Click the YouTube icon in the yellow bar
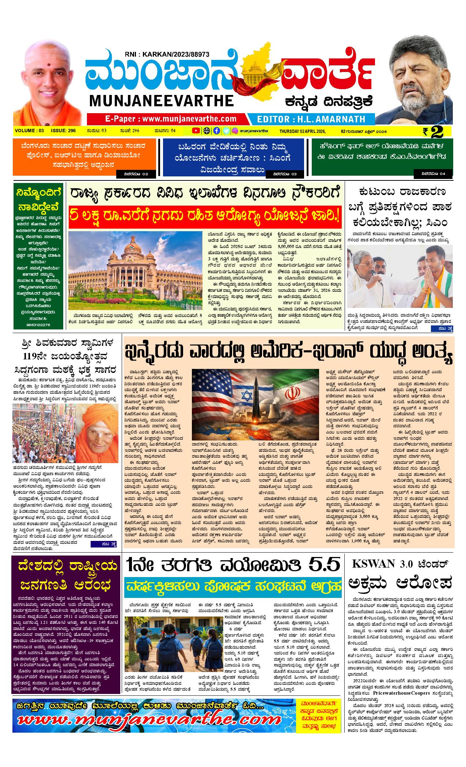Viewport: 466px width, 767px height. pyautogui.click(x=196, y=131)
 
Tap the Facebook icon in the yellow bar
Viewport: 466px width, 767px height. pyautogui.click(x=216, y=131)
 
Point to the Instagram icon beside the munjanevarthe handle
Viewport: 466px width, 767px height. pyautogui.click(x=235, y=131)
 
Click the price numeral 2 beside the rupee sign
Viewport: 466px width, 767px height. pyautogui.click(x=438, y=131)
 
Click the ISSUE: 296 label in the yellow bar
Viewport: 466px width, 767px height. pyautogui.click(x=63, y=131)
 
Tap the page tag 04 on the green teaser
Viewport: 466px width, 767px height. pyautogui.click(x=433, y=174)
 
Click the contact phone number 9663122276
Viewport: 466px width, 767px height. pyautogui.click(x=39, y=324)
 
